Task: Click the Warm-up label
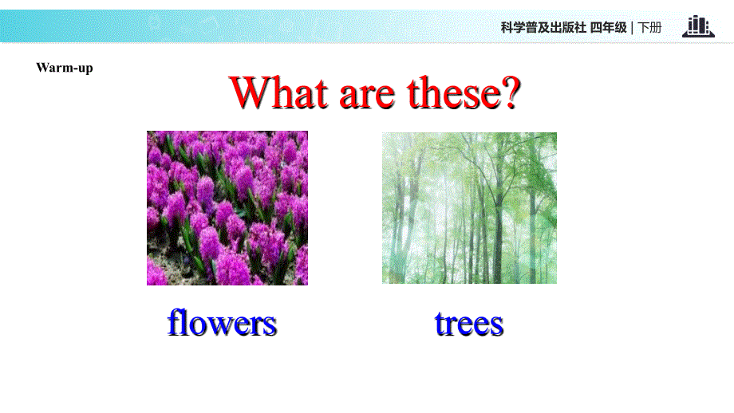65,68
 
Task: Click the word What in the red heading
278,93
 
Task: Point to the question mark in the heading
508,93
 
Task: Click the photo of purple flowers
227,208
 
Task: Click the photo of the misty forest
469,208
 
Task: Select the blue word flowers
222,323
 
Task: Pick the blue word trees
469,324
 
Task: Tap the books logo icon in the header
698,26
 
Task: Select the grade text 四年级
609,28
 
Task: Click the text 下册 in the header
650,28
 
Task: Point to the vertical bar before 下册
633,28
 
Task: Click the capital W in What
248,93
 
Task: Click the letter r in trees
451,326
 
